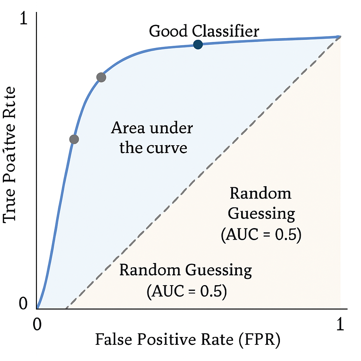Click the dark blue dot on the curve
198,44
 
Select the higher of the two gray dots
101,78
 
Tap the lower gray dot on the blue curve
74,139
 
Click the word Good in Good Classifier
169,31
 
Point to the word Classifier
226,31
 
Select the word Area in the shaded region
128,128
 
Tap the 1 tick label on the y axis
23,19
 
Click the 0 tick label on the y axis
23,303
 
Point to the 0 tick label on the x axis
37,325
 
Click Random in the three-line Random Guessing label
261,194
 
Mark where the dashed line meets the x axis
66,308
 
